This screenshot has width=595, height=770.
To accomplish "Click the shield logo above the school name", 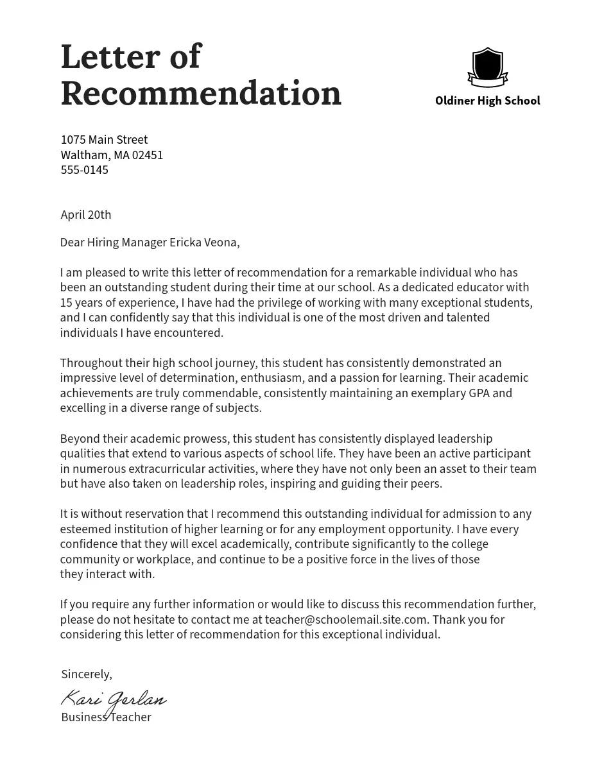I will pos(487,67).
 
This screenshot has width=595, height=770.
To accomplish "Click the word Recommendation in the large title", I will pos(201,94).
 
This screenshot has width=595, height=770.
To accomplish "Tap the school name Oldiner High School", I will pos(487,101).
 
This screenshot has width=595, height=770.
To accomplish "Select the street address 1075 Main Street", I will pos(104,140).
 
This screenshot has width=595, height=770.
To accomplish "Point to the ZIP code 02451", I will pos(148,155).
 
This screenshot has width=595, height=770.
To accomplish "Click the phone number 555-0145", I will pos(84,170).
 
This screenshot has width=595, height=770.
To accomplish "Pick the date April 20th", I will pos(86,215).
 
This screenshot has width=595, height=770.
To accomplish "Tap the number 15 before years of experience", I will pos(67,303).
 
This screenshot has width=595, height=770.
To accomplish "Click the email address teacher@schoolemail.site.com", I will pos(346,620).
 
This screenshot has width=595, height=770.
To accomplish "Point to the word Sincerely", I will pos(86,674).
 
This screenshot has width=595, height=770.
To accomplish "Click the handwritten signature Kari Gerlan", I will pos(114,699).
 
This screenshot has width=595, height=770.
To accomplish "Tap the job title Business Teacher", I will pos(106,717).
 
